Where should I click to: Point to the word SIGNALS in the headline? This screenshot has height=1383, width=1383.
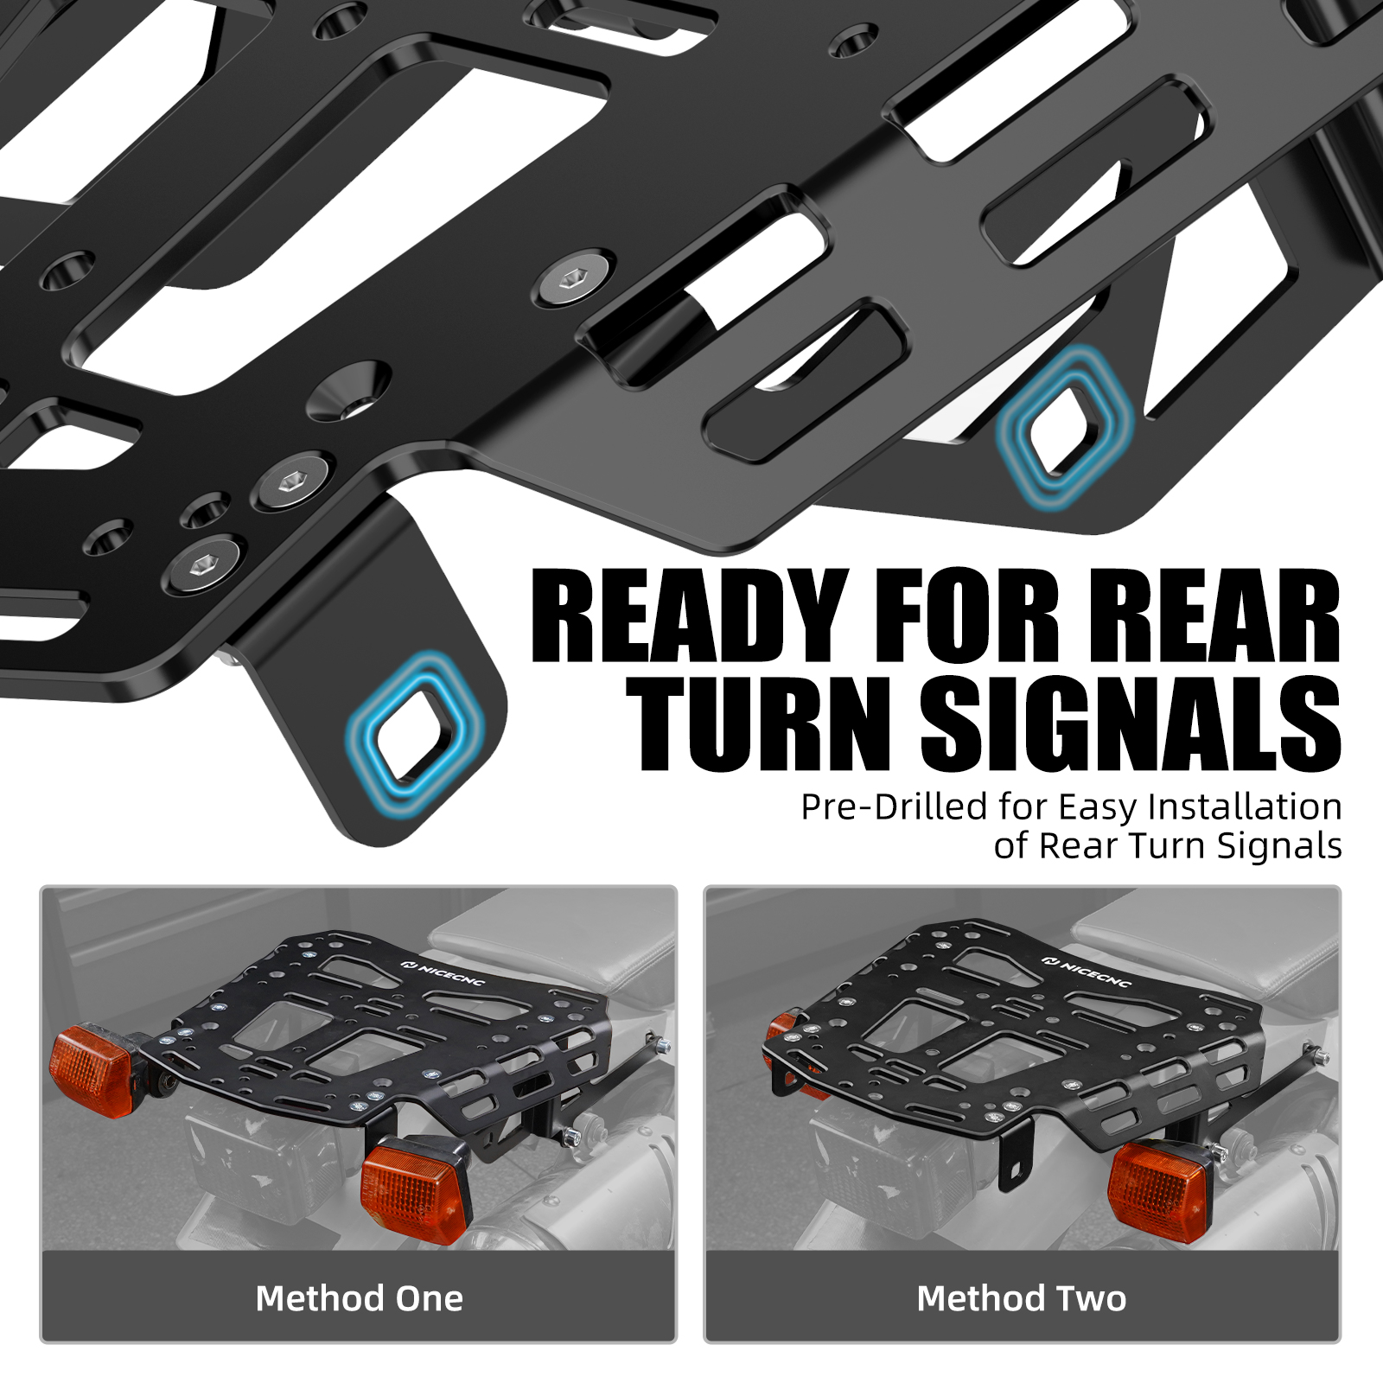pyautogui.click(x=1131, y=723)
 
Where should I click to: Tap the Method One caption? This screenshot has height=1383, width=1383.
pyautogui.click(x=360, y=1298)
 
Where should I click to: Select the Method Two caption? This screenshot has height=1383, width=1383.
pyautogui.click(x=1022, y=1298)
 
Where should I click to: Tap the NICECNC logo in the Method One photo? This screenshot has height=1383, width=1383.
pyautogui.click(x=443, y=972)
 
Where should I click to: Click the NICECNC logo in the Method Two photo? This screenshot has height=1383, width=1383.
pyautogui.click(x=1087, y=972)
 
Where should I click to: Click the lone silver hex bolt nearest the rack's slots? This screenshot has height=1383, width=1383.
pyautogui.click(x=571, y=279)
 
